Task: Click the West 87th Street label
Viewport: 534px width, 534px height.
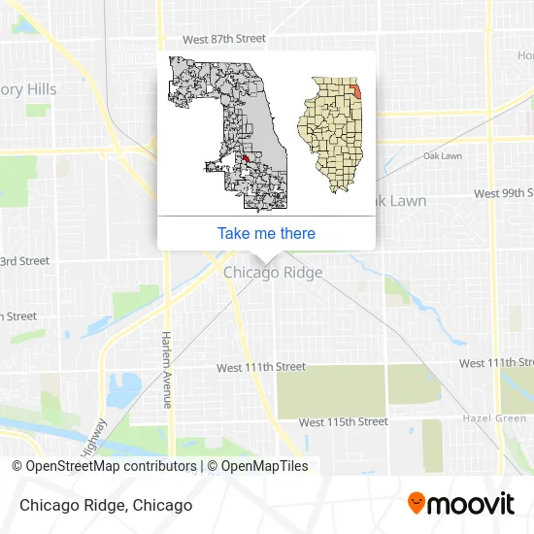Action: (x=224, y=39)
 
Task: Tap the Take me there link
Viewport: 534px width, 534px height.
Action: (x=266, y=233)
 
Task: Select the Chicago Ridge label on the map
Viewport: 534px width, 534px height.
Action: (x=273, y=273)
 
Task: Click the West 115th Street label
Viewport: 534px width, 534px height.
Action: (x=343, y=422)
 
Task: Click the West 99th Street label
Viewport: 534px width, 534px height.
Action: (x=503, y=194)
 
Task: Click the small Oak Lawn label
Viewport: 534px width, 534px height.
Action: (x=442, y=156)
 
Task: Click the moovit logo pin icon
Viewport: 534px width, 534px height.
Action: (x=417, y=504)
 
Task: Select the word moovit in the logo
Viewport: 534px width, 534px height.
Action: (x=471, y=504)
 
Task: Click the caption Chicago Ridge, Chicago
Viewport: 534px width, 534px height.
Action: (x=103, y=505)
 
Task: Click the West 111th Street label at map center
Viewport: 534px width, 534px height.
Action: (x=260, y=368)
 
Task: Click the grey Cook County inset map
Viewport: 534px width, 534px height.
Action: (x=229, y=131)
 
